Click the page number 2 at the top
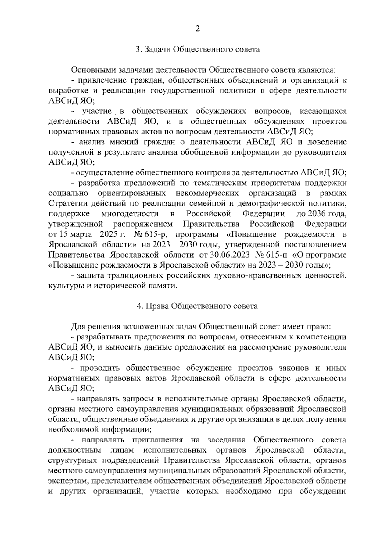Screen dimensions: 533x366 point(197,29)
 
